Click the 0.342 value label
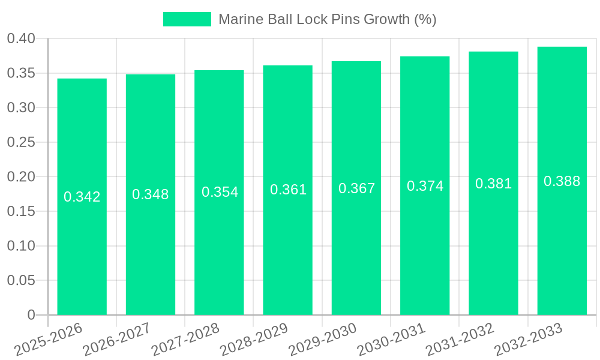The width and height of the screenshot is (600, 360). click(82, 197)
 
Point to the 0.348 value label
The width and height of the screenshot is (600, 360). click(151, 194)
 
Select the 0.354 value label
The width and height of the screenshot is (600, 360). click(220, 192)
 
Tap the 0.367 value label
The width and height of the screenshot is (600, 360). click(356, 188)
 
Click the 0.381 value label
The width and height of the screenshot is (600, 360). click(493, 184)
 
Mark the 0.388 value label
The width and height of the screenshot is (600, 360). click(562, 181)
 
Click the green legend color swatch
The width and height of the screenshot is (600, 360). click(187, 19)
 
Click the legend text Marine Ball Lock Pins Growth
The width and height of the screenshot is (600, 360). click(327, 19)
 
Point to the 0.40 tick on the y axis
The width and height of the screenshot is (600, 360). click(21, 39)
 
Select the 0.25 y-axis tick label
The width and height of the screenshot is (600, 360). click(21, 143)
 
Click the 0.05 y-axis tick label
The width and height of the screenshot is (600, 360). click(21, 281)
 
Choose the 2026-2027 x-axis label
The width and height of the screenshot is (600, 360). click(117, 340)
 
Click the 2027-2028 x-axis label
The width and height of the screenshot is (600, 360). click(185, 340)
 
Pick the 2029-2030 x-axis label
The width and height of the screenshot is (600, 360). click(323, 340)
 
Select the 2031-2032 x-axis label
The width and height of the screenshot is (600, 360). click(460, 340)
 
